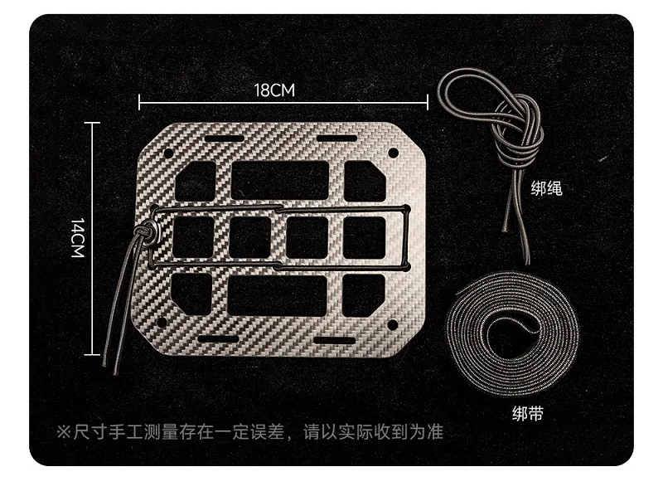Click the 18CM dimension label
pyautogui.click(x=274, y=90)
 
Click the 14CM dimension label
pyautogui.click(x=78, y=238)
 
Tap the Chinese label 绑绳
pyautogui.click(x=546, y=188)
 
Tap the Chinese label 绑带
pyautogui.click(x=527, y=414)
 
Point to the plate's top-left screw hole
pyautogui.click(x=168, y=153)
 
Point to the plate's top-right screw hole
pyautogui.click(x=393, y=153)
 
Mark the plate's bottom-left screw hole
pyautogui.click(x=162, y=323)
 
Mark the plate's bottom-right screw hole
pyautogui.click(x=392, y=325)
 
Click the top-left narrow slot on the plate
pyautogui.click(x=224, y=139)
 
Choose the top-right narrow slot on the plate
pyautogui.click(x=337, y=139)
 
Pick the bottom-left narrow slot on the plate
pyautogui.click(x=219, y=339)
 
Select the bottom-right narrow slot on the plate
pyautogui.click(x=335, y=340)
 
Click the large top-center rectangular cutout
pyautogui.click(x=280, y=179)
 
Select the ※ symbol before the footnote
pyautogui.click(x=63, y=432)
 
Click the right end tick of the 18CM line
pyautogui.click(x=428, y=102)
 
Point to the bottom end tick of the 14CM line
pyautogui.click(x=92, y=354)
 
